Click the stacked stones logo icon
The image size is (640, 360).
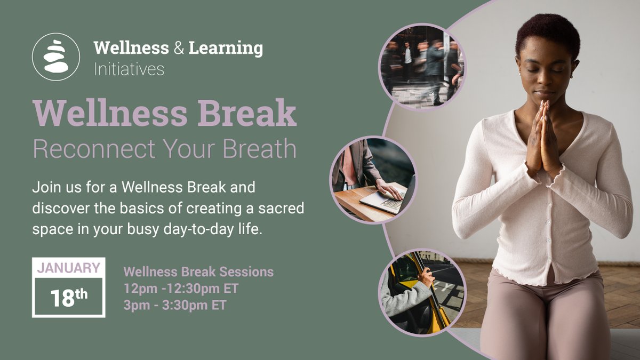coord(56,57)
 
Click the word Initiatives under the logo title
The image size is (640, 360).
coord(129,69)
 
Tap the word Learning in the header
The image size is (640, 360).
coord(226,48)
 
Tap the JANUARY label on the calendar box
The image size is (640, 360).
coord(68,268)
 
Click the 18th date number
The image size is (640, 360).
coord(69,298)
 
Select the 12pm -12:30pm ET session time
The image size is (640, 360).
coord(181,289)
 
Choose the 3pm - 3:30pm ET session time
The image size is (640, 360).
coord(175,305)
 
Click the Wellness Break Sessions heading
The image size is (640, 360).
coord(198,271)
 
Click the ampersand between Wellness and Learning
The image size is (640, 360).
coord(179,48)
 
